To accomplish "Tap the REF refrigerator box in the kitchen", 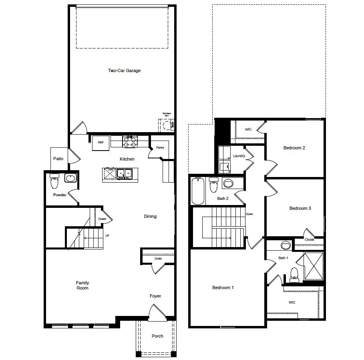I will (x=101, y=143).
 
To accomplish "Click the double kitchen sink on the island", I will (x=124, y=173).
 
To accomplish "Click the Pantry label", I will (x=160, y=148).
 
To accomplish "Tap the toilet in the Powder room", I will (x=54, y=183).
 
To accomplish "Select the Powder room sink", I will (x=70, y=178).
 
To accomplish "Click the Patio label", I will (x=58, y=159).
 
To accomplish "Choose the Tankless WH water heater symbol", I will (x=167, y=126).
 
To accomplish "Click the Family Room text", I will (x=82, y=285).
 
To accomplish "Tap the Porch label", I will (x=157, y=336).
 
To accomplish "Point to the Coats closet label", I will (x=158, y=259).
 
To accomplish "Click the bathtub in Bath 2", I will (x=198, y=191).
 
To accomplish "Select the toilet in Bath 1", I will (x=294, y=274).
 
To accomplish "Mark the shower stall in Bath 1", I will (x=314, y=266).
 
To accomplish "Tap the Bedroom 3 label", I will (x=300, y=208).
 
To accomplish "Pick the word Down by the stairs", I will (x=249, y=214).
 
